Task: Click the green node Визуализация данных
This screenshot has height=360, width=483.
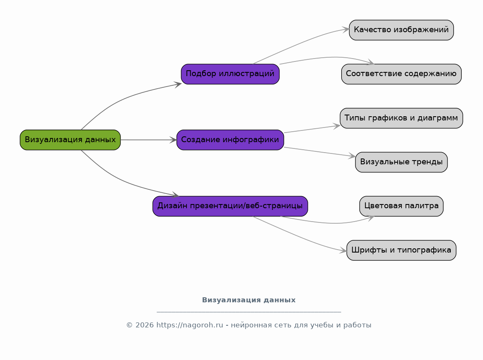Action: [x=70, y=140]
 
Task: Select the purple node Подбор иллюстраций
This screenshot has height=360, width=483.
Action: [x=230, y=74]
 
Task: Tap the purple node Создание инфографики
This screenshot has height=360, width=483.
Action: [x=230, y=140]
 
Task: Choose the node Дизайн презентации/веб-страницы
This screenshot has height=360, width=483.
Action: [x=230, y=206]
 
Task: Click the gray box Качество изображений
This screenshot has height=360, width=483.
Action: [x=401, y=30]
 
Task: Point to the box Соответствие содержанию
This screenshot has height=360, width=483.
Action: [x=401, y=74]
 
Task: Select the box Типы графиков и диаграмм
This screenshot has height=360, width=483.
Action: [x=401, y=118]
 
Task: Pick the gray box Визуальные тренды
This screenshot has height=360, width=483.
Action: [x=401, y=162]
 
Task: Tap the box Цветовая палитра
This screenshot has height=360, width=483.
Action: [x=401, y=206]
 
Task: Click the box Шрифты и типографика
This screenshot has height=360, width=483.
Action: [x=401, y=250]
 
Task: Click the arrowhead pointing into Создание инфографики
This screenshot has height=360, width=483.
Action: [x=173, y=140]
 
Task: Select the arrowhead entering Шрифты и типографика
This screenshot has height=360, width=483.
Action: [x=343, y=251]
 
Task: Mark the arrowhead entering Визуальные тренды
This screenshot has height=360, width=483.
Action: [x=352, y=156]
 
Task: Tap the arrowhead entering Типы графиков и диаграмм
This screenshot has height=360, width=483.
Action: [x=337, y=126]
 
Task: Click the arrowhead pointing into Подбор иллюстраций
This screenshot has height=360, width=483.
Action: [x=178, y=84]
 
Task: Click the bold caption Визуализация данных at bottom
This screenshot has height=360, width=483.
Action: [x=248, y=300]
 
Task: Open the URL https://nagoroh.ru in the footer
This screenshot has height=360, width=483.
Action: [x=189, y=325]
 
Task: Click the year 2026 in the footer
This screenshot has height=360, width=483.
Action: [x=144, y=325]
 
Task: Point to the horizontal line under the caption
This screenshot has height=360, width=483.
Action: [x=248, y=312]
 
